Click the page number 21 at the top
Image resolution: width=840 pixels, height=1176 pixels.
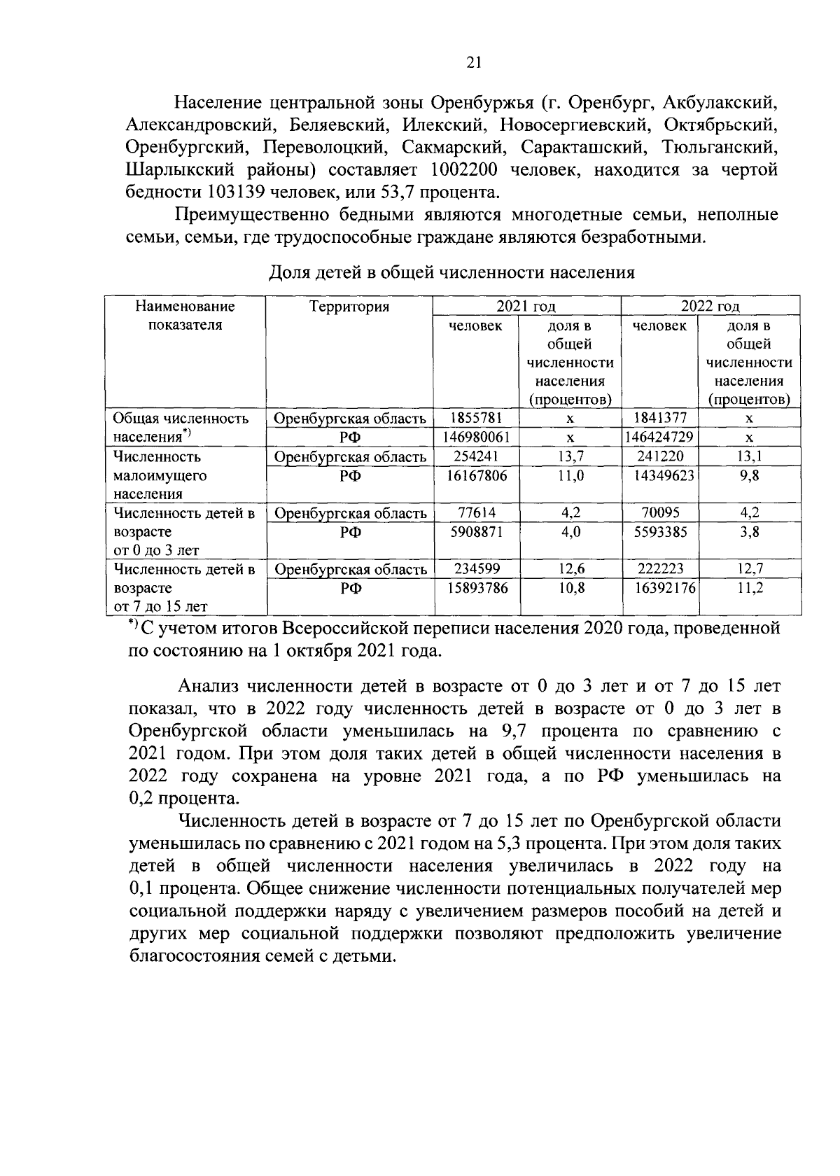[x=474, y=63]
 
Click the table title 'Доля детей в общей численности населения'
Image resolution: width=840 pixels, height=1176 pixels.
[x=452, y=272]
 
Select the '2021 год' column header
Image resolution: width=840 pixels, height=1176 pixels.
[x=526, y=307]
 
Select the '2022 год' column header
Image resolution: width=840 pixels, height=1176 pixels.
[x=710, y=307]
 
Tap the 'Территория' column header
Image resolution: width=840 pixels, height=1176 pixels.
[x=349, y=307]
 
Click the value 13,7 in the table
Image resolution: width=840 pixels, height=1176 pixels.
[x=570, y=456]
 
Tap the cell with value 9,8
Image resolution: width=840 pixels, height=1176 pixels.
[x=749, y=475]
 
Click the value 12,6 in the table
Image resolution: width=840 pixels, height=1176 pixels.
[x=570, y=569]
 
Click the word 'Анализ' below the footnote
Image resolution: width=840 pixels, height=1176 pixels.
[x=210, y=685]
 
